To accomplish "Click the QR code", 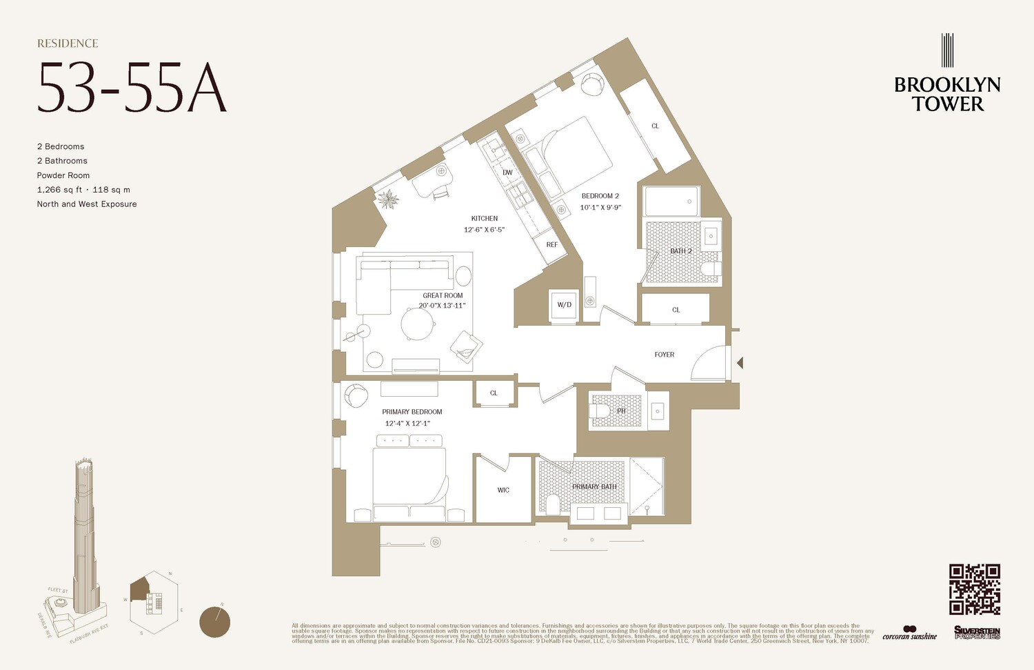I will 974,589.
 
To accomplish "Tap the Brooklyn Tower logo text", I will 947,95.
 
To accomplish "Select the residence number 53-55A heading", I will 132,88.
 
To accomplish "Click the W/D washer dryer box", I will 564,305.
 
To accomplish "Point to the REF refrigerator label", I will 552,245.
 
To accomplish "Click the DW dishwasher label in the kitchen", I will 507,173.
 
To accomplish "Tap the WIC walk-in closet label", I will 503,490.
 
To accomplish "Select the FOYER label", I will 664,355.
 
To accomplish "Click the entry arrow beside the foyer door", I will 740,362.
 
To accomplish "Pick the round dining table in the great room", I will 418,324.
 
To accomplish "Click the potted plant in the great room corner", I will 388,199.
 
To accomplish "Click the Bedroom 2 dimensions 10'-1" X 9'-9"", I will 600,207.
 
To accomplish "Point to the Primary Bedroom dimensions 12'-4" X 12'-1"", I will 407,424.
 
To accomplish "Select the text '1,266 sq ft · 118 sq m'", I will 83,190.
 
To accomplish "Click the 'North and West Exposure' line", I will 87,204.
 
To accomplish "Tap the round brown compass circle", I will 214,622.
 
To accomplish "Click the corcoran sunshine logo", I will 909,633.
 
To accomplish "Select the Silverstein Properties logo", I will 977,632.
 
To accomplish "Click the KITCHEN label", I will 485,218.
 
